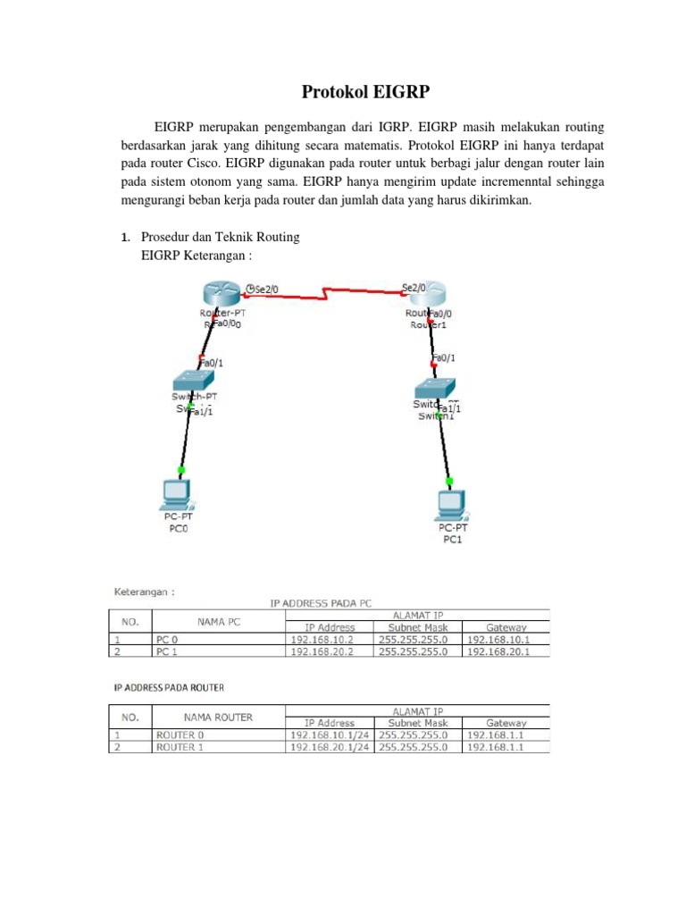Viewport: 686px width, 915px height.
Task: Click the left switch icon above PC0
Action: [x=197, y=378]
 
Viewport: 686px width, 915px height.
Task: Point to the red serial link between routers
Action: [x=326, y=292]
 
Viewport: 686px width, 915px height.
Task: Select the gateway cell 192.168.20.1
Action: [x=506, y=652]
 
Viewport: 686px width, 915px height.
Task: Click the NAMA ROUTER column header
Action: [x=217, y=717]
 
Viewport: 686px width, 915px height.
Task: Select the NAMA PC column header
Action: [x=217, y=621]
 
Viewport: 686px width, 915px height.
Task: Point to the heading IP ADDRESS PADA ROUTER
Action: [x=169, y=687]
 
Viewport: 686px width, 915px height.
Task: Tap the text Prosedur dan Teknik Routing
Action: [x=223, y=237]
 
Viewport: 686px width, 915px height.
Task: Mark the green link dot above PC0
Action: [x=181, y=469]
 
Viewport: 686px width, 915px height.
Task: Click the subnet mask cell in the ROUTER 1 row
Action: [x=414, y=747]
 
